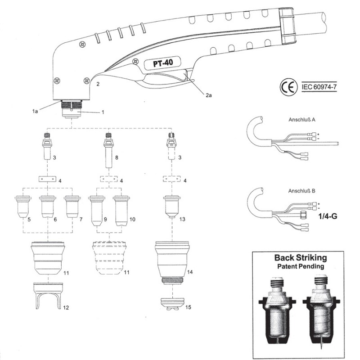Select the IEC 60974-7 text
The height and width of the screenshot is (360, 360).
tap(319, 86)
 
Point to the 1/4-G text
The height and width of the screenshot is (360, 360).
tap(327, 216)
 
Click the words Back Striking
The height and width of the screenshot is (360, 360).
tap(301, 258)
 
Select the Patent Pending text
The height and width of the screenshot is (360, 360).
tap(301, 267)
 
